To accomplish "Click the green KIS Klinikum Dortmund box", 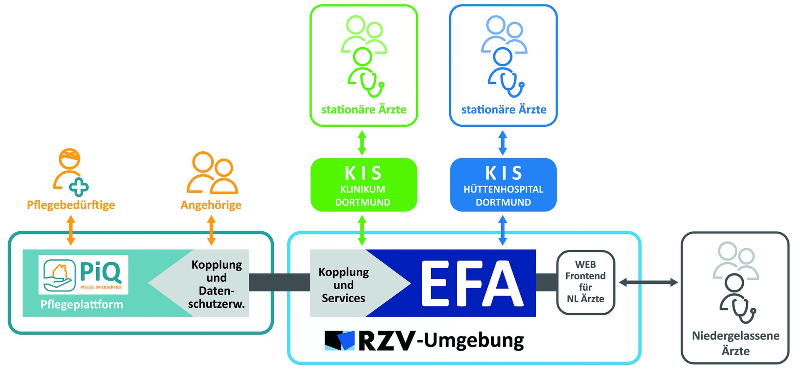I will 363,185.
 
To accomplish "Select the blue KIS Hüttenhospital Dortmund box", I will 503,185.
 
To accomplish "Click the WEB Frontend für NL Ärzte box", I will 585,282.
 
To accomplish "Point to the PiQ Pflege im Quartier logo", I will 83,274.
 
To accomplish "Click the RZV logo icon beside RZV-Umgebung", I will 339,340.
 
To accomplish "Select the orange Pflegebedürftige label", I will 71,205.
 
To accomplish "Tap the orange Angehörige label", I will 211,205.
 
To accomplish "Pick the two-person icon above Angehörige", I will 212,173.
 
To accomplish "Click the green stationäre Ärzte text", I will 364,110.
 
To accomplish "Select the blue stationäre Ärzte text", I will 504,110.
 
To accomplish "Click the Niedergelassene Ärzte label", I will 735,343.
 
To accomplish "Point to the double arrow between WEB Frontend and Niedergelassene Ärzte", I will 648,283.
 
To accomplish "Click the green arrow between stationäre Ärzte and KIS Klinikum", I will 362,143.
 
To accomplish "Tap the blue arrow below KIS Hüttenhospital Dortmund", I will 503,230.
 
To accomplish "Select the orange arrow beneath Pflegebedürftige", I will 71,230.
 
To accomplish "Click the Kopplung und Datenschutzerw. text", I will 217,284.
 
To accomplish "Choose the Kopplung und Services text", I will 344,285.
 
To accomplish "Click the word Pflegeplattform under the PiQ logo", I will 82,304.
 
